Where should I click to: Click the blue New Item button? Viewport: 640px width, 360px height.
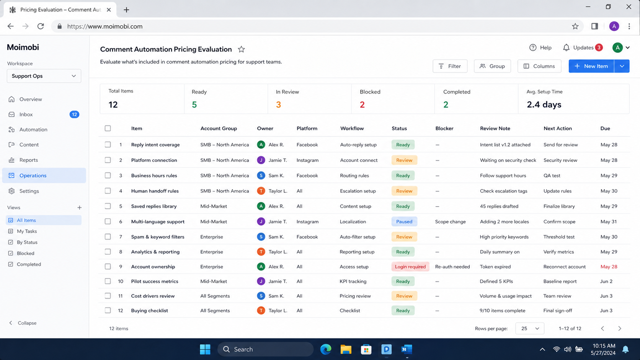[x=591, y=66]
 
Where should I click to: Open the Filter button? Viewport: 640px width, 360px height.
[x=450, y=66]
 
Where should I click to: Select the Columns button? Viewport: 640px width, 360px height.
[x=539, y=66]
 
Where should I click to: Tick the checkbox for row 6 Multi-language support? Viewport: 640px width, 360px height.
[x=108, y=221]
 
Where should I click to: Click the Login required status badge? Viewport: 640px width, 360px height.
[x=410, y=266]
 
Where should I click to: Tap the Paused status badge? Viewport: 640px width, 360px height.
[x=404, y=221]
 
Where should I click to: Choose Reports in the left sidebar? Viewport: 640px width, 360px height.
[x=29, y=160]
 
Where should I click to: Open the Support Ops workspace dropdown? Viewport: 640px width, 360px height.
[x=44, y=76]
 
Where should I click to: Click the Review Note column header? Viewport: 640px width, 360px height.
[x=495, y=128]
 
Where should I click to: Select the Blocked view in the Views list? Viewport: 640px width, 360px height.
[x=25, y=253]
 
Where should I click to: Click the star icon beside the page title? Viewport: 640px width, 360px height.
[x=242, y=49]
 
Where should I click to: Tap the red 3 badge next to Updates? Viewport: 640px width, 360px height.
[x=599, y=47]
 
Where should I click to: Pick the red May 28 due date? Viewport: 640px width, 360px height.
[x=609, y=266]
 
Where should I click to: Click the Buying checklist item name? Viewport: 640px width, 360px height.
[x=149, y=310]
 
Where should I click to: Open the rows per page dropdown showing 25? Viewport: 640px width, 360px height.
[x=530, y=328]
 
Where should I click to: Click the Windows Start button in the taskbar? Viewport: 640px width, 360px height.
[x=205, y=349]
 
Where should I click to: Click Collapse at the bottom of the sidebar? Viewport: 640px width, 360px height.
[x=23, y=323]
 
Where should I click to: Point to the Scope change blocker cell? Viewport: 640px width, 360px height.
[x=450, y=221]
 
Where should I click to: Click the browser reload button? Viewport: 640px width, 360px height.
[x=41, y=26]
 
